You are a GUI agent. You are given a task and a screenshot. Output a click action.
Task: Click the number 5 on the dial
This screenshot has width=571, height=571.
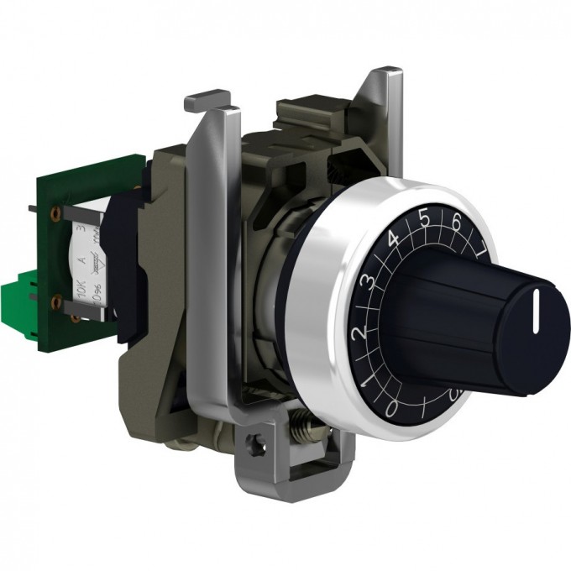tap(424, 217)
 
